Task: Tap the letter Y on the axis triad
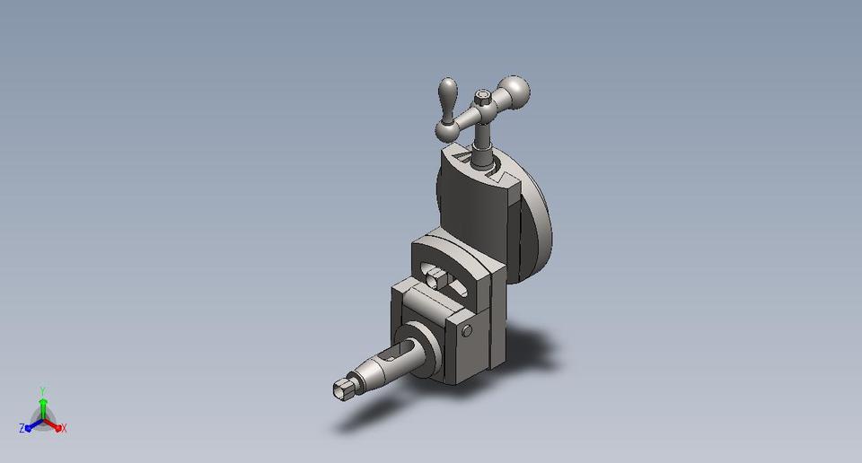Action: [x=42, y=390]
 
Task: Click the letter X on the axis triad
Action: [x=65, y=429]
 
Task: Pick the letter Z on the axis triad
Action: [x=21, y=429]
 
